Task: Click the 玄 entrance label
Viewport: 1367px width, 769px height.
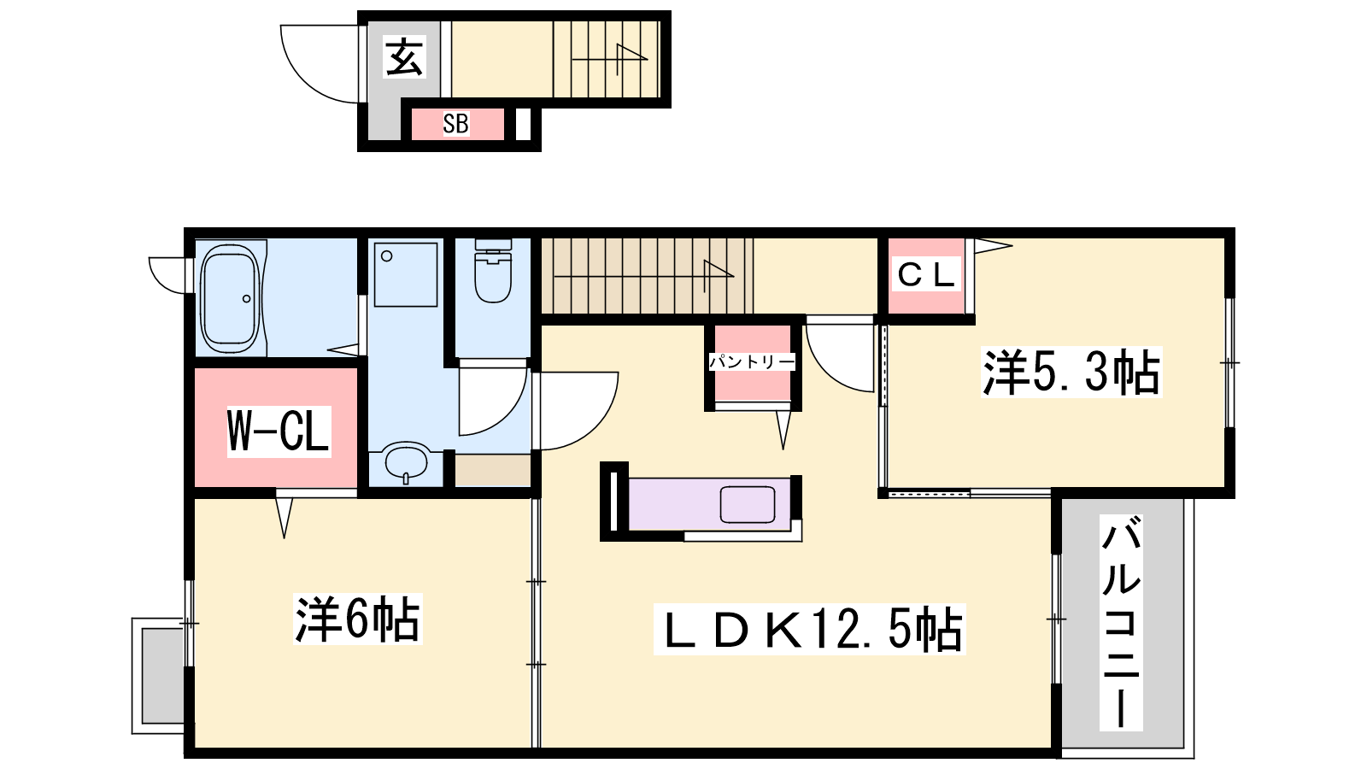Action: [403, 56]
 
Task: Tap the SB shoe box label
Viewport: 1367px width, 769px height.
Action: [456, 124]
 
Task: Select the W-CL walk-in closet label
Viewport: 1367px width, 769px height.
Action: [279, 431]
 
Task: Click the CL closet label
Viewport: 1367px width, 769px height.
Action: [926, 275]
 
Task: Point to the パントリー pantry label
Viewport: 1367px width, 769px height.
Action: [752, 362]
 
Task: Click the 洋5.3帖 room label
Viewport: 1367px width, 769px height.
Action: [1071, 372]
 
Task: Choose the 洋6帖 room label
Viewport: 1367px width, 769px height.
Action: [358, 619]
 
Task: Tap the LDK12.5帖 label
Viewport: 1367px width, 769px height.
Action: [810, 629]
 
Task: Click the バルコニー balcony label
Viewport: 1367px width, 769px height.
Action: [1121, 623]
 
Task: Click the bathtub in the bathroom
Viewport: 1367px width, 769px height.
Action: [230, 299]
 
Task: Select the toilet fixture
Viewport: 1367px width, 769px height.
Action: [493, 271]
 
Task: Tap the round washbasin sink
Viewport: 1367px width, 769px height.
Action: [407, 462]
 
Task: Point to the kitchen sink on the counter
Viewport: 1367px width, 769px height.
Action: [748, 504]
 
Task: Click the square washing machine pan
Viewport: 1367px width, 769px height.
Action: [406, 274]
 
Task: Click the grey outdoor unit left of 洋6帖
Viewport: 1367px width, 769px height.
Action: [161, 676]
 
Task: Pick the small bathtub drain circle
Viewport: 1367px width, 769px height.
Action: [247, 298]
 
